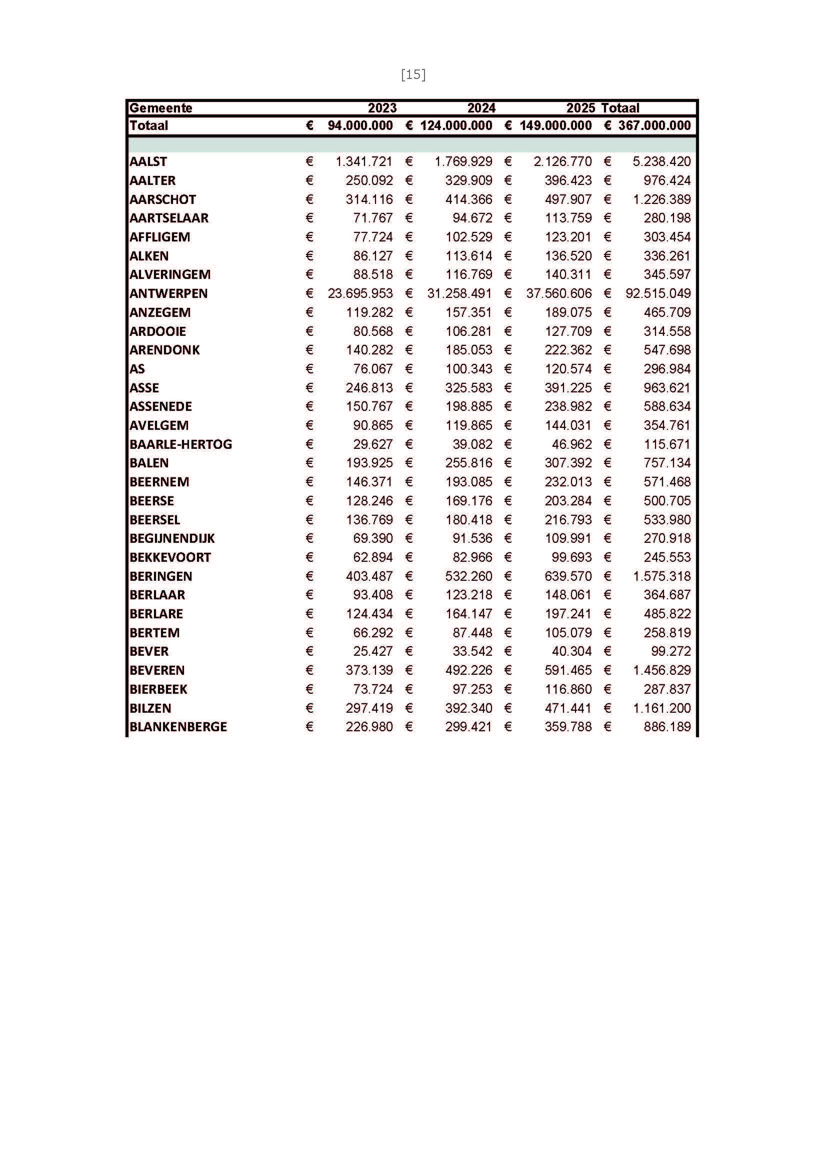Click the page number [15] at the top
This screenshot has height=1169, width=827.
coord(413,75)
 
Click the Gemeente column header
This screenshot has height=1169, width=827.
coord(161,108)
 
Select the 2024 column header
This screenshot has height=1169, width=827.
coord(481,108)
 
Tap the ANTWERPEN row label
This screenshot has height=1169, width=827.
coord(168,294)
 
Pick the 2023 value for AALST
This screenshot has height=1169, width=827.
coord(363,162)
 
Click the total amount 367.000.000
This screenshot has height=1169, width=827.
coord(654,126)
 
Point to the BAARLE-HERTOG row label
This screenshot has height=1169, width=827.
coord(181,444)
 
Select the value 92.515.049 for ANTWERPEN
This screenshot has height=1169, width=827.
coord(658,294)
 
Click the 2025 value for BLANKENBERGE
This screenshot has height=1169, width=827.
coord(568,727)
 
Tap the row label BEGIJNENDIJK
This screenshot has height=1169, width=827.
coord(172,539)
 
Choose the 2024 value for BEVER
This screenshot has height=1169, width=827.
coord(472,652)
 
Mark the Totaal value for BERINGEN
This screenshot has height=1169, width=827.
coord(662,576)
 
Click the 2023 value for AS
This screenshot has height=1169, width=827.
coord(373,369)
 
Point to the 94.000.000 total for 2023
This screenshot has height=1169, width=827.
coord(360,126)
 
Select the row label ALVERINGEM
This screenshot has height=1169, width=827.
coord(170,275)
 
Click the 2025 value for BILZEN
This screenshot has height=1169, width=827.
coord(568,708)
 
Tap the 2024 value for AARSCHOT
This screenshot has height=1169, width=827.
coord(469,199)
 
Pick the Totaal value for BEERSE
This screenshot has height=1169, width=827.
coord(667,501)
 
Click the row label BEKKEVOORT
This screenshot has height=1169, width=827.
coord(170,558)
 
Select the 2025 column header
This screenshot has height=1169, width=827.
coord(580,108)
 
